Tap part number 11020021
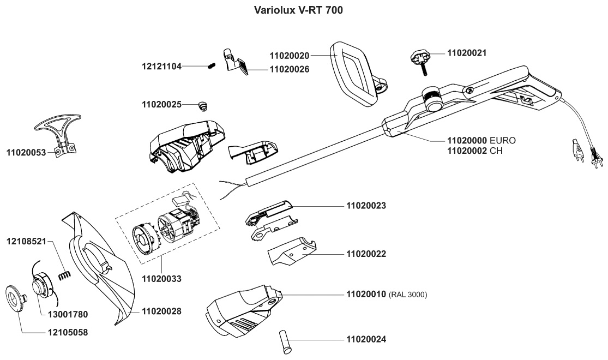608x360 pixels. pos(467,53)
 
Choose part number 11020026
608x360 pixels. pos(289,69)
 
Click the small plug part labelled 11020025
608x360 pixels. pos(203,104)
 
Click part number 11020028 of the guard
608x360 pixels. pos(161,311)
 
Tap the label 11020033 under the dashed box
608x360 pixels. pos(161,278)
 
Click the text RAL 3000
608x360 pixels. pos(407,295)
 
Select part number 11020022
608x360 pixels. pos(366,254)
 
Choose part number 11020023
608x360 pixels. pos(366,206)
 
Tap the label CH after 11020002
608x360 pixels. pos(496,151)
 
